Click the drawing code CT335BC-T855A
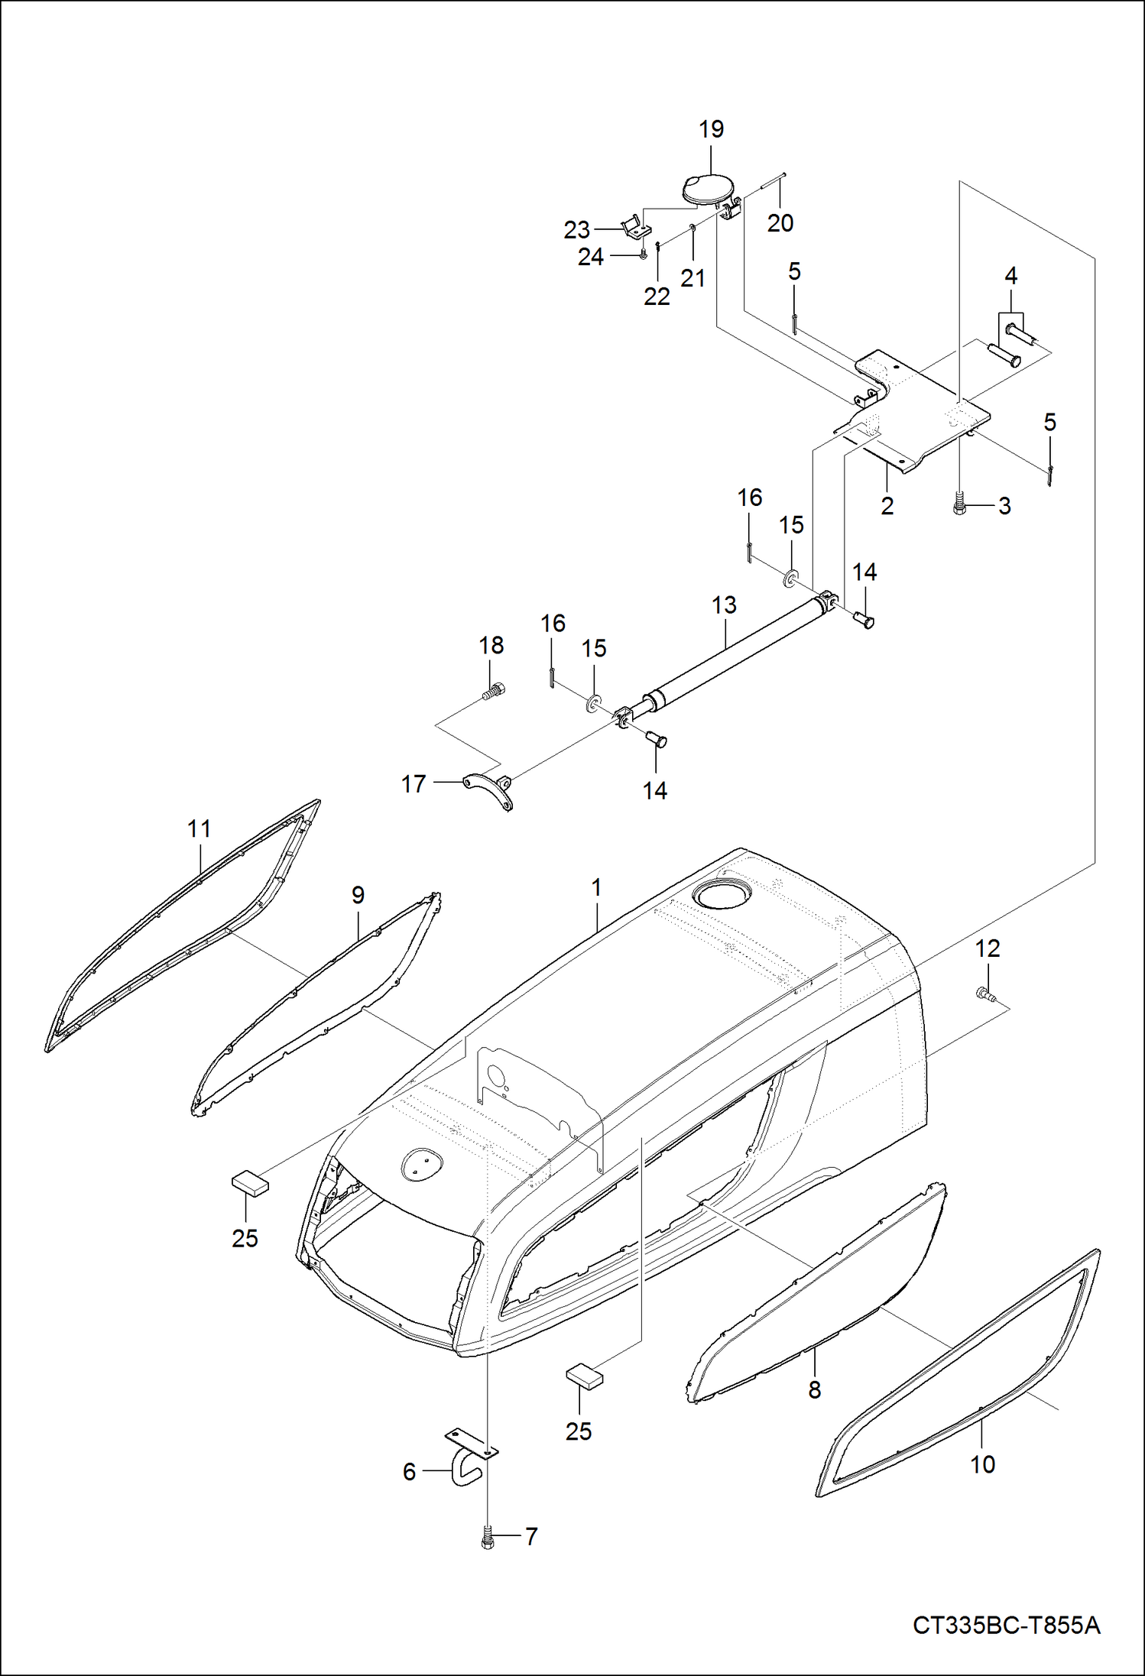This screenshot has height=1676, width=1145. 1006,1624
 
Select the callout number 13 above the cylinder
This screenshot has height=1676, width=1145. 724,605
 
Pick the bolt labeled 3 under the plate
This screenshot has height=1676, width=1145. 960,505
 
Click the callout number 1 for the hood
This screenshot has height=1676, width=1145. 596,887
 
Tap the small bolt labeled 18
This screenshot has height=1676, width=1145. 494,691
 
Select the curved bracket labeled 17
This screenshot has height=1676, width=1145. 488,790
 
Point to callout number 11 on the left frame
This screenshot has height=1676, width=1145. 199,828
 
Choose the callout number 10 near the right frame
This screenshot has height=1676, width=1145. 983,1464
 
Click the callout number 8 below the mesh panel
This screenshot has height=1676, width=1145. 815,1389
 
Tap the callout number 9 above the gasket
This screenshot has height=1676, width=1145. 358,895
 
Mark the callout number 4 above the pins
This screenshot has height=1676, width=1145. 1010,276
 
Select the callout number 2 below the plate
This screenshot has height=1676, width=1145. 887,506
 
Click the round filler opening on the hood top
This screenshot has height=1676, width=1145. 721,896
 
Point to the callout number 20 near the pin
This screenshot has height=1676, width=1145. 780,223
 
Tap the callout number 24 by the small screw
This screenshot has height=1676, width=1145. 590,257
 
